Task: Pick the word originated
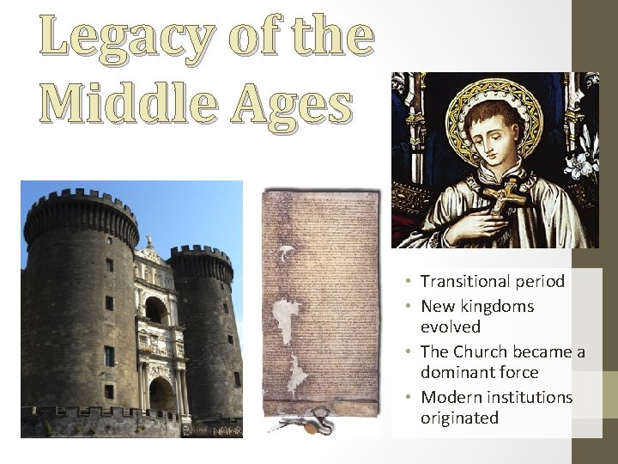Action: pyautogui.click(x=459, y=418)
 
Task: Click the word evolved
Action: pyautogui.click(x=451, y=327)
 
